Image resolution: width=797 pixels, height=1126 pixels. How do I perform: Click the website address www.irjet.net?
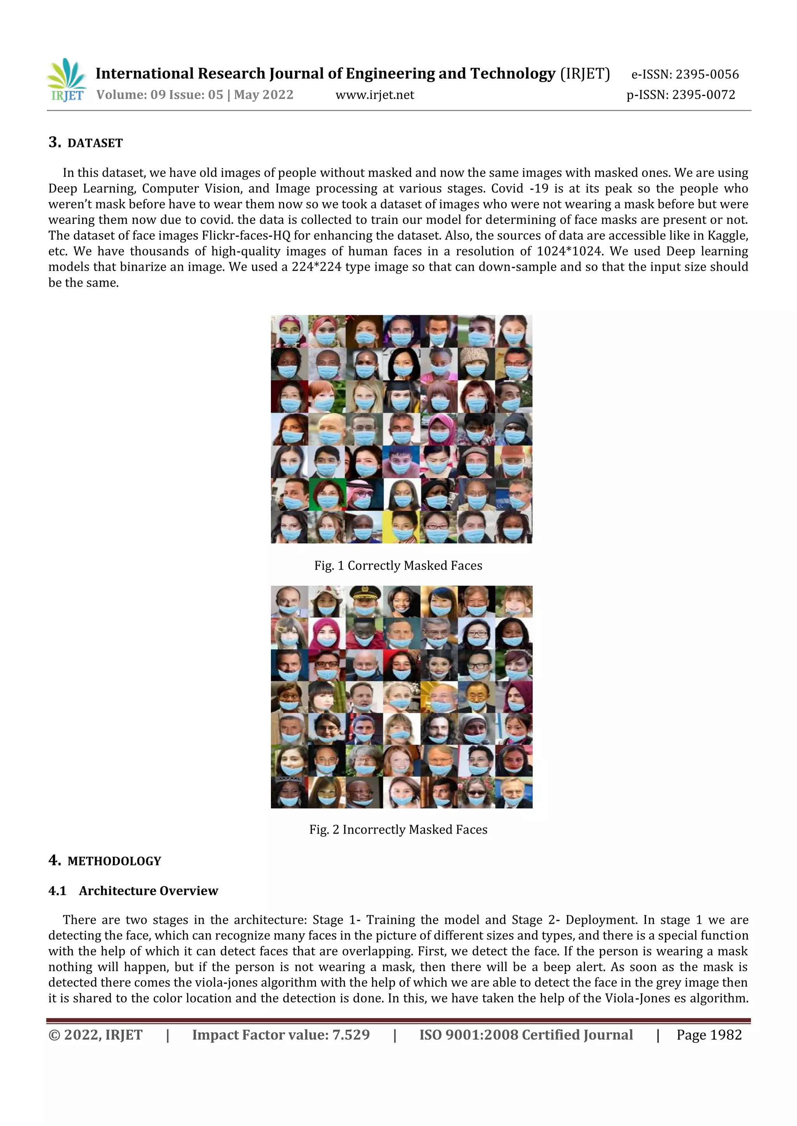tap(374, 94)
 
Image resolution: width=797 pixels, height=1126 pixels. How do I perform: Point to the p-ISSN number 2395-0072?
tap(703, 94)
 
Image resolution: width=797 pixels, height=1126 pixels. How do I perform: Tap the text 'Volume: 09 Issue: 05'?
tap(160, 94)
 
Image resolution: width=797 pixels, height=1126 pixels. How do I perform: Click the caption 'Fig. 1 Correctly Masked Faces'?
tap(398, 565)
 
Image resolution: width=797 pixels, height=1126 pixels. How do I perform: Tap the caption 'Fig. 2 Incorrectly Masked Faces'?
tap(398, 829)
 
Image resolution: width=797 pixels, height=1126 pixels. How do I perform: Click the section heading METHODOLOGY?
tap(114, 861)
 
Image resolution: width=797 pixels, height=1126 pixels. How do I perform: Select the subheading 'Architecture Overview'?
tap(148, 891)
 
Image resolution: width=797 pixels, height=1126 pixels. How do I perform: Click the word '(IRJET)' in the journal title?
tap(585, 73)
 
